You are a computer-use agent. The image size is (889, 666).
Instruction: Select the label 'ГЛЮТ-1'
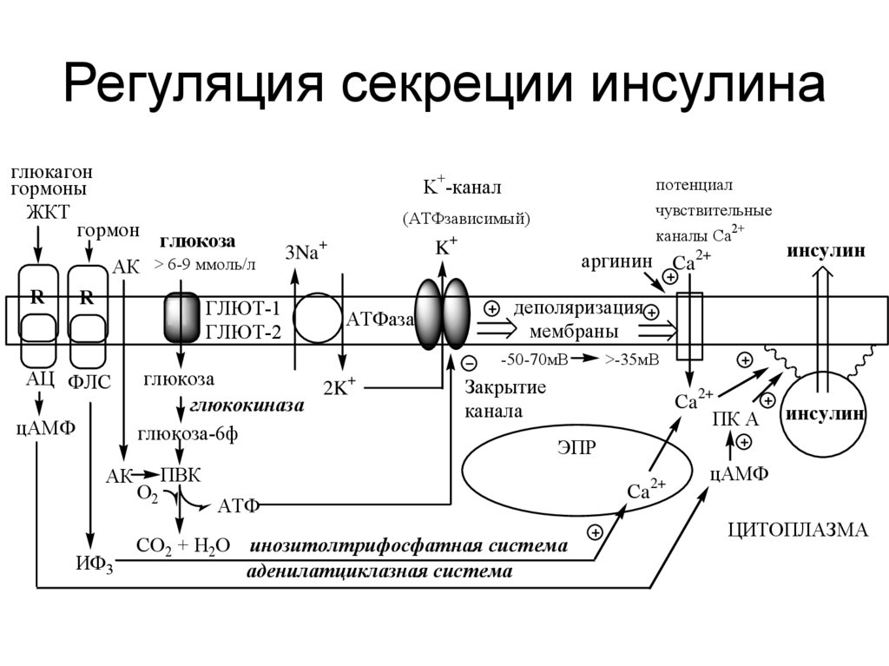click(x=243, y=309)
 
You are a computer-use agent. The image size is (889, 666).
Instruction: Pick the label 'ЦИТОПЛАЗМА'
click(x=796, y=531)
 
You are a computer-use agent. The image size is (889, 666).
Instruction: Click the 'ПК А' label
click(x=735, y=419)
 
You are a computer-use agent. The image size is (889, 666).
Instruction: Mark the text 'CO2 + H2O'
click(x=183, y=544)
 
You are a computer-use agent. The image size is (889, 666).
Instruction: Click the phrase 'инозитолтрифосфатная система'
click(x=409, y=546)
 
